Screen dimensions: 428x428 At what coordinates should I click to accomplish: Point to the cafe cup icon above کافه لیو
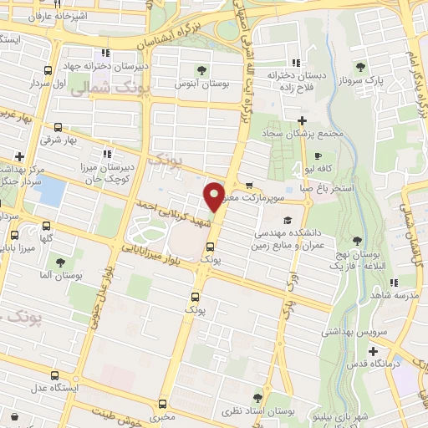pos(317,156)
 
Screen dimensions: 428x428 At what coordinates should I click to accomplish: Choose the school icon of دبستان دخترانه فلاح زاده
pos(294,62)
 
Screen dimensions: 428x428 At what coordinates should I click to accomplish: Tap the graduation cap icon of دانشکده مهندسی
pos(288,222)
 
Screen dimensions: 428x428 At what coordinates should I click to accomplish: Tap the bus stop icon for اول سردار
pos(48,70)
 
